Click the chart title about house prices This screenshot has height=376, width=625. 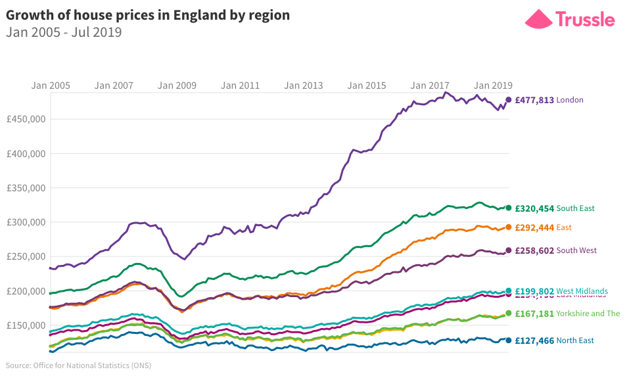(x=148, y=15)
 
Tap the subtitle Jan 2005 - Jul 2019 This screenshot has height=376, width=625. (x=64, y=32)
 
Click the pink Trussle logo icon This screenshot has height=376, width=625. (x=538, y=18)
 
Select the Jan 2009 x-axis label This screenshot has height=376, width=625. (x=177, y=85)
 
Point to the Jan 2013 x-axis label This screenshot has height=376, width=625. (x=304, y=85)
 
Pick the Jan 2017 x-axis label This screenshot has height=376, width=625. (x=430, y=85)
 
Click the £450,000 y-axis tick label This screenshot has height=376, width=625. (x=26, y=120)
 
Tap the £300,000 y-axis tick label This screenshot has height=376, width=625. (x=26, y=222)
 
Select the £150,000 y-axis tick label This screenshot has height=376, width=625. (x=26, y=325)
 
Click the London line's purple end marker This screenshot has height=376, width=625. (x=508, y=100)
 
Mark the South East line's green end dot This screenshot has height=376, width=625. (x=508, y=208)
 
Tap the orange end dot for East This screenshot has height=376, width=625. (x=508, y=227)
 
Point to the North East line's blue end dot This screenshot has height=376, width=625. (x=508, y=341)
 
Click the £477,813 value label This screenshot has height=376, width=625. (x=534, y=100)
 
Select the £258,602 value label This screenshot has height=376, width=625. (x=534, y=250)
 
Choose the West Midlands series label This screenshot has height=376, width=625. (x=582, y=291)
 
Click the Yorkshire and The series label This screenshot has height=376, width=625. (x=588, y=314)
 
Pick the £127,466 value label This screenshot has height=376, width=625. (x=534, y=341)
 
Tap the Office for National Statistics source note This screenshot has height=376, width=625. (x=78, y=365)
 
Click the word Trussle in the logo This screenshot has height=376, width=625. (x=585, y=18)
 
